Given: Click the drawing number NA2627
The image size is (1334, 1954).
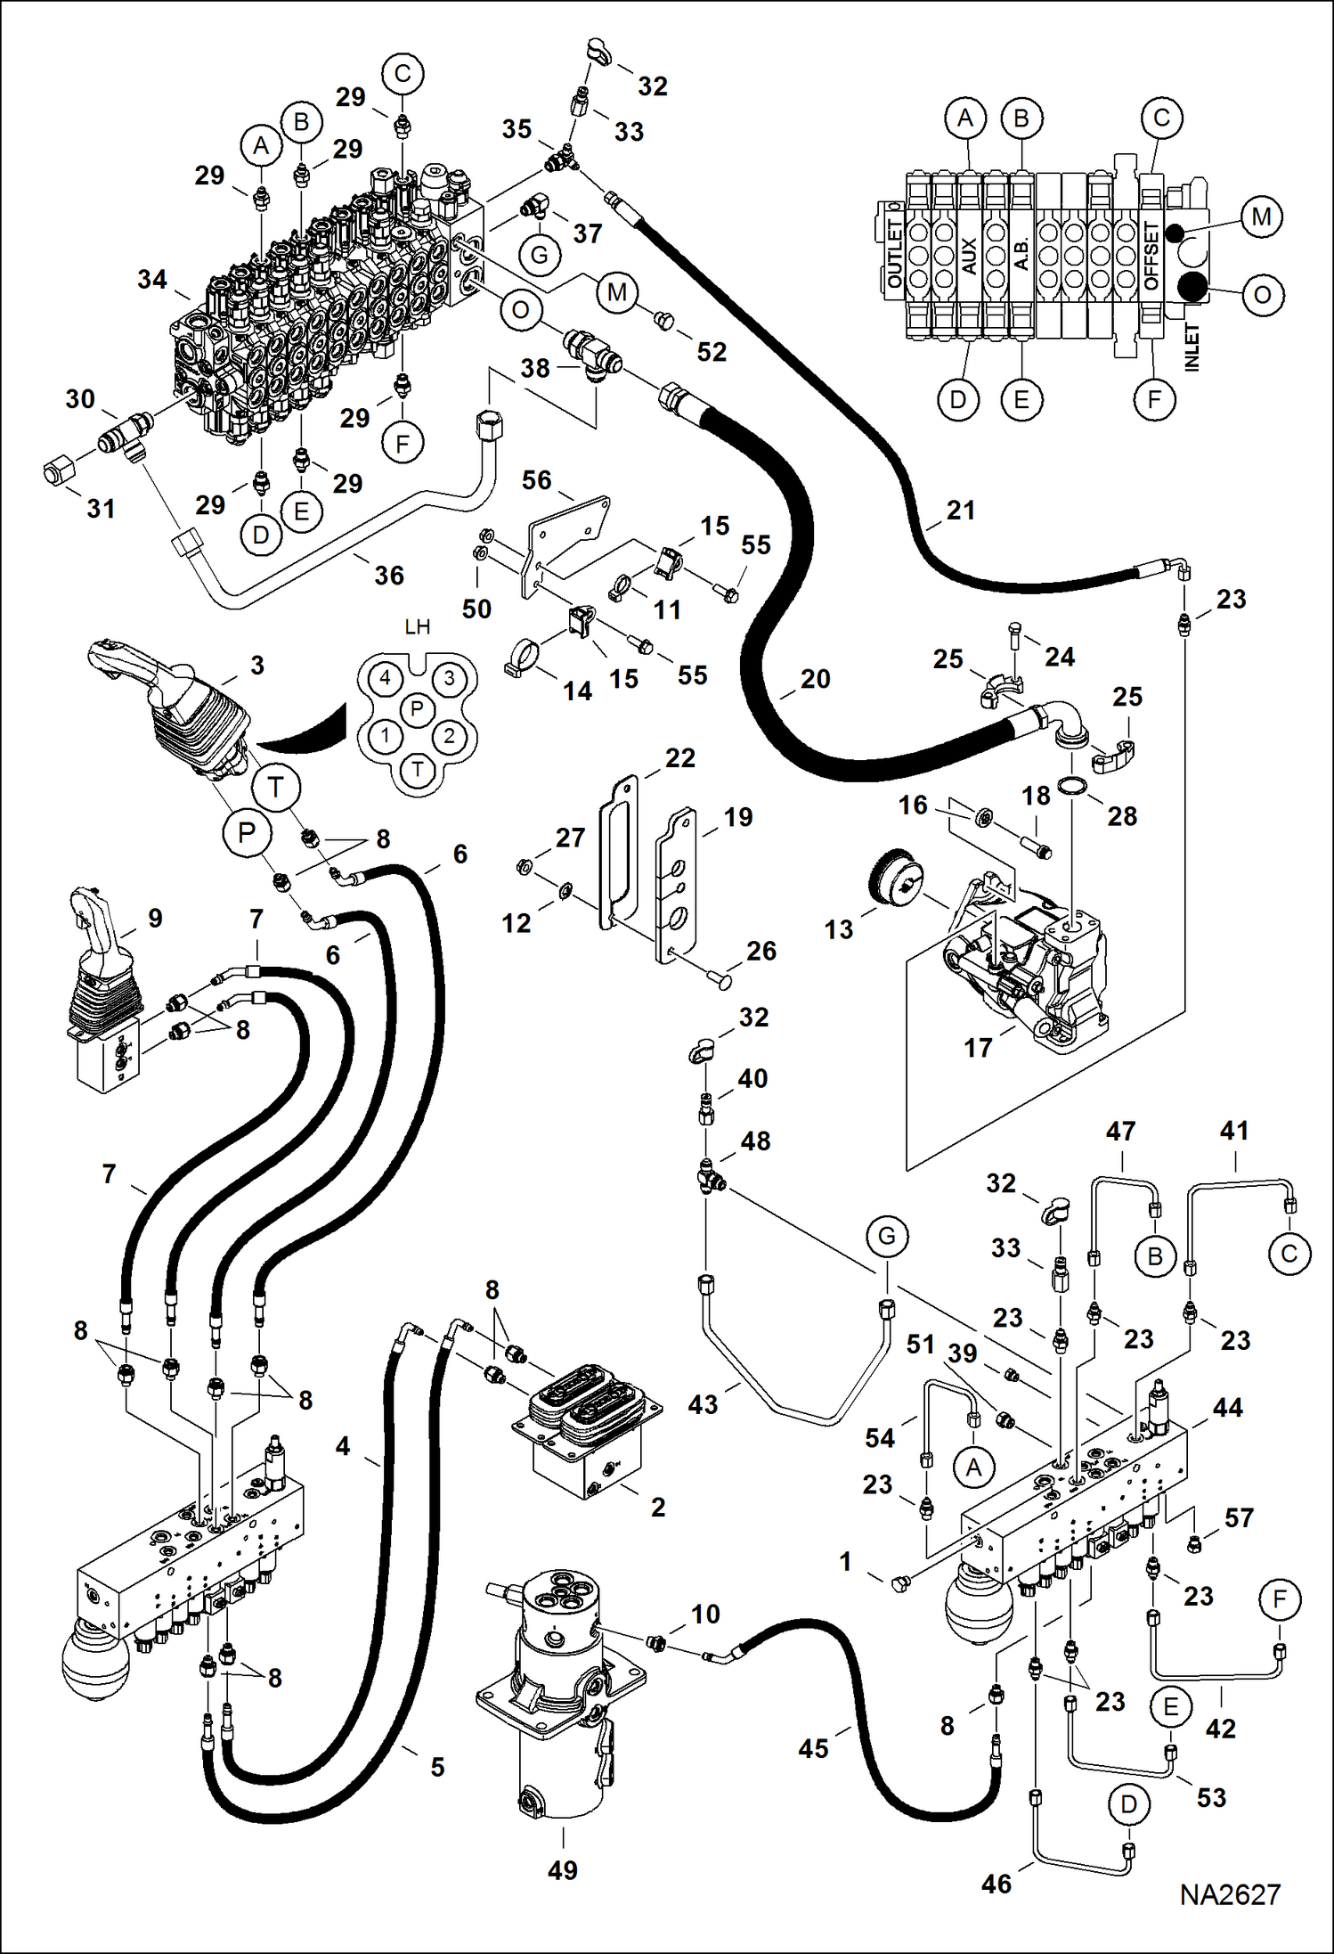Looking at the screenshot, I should point(1230,1895).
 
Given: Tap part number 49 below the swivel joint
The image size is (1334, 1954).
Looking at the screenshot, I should point(563,1870).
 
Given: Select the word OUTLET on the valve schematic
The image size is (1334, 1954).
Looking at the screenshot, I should point(895,253).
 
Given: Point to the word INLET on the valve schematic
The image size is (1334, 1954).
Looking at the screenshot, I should point(1192,347).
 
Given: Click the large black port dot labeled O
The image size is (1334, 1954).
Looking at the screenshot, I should point(1192,287).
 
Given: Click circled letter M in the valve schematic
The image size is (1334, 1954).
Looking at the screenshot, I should point(1261,217).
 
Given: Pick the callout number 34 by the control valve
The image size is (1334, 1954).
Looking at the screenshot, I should point(152,279).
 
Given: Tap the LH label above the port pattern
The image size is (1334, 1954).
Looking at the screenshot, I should point(417,626).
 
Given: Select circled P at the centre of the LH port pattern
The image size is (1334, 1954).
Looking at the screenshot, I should point(417,709).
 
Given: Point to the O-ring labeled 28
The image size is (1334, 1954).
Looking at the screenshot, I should point(1073,785).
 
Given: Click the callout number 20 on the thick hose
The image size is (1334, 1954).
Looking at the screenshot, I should point(815,679).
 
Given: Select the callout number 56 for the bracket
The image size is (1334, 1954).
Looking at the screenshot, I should point(537,480).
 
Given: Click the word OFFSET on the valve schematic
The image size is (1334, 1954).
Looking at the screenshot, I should point(1151,256).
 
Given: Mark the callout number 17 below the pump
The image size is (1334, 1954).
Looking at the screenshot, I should point(978,1048).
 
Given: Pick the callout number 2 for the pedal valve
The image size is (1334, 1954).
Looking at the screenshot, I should point(658,1507).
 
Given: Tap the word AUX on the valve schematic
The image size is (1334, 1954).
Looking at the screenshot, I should point(970,256).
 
